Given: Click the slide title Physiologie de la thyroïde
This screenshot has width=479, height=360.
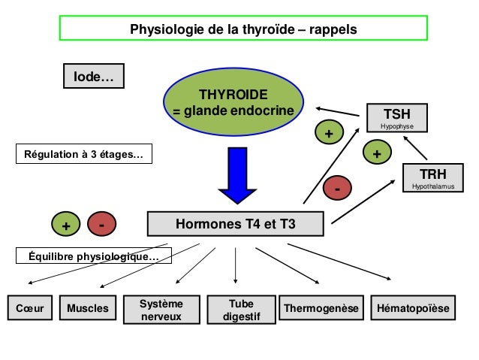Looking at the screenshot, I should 243,30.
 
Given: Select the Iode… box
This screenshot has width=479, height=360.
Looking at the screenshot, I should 93,76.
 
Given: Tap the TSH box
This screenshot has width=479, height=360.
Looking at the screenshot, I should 396,118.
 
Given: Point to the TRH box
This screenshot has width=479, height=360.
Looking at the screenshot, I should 432,177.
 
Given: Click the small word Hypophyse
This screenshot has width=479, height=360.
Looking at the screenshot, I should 396,127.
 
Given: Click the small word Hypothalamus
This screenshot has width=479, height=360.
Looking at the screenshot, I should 432,186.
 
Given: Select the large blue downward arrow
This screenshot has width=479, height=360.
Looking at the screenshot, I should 237,174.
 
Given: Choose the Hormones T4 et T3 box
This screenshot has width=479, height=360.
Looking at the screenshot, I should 235,224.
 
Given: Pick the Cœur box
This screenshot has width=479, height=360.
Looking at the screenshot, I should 29,309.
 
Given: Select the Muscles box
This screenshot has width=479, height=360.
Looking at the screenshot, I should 88,309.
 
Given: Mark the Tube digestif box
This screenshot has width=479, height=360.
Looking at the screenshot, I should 236,310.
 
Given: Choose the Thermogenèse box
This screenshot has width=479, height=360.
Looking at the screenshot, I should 321,309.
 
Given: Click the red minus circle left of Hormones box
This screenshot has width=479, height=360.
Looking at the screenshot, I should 101,224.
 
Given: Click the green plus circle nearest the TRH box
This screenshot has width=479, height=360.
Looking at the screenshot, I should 377,153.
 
